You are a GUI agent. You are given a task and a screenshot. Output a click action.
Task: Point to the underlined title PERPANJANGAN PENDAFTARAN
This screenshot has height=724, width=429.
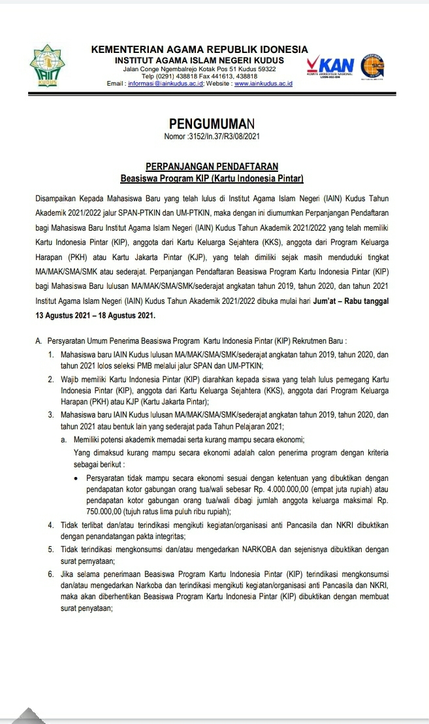click(x=212, y=167)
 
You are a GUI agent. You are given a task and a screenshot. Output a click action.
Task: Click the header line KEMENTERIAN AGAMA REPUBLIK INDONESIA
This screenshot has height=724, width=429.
click(x=199, y=50)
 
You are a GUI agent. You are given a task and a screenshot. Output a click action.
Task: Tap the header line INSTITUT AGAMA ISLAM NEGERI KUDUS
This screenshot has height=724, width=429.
click(x=199, y=60)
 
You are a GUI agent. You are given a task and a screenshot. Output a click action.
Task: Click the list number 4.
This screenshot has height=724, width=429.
click(x=51, y=525)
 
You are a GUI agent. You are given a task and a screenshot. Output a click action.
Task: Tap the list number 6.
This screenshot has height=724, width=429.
click(x=51, y=573)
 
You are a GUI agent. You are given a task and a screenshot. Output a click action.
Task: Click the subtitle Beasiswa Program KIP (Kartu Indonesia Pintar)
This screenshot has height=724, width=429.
click(x=212, y=178)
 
